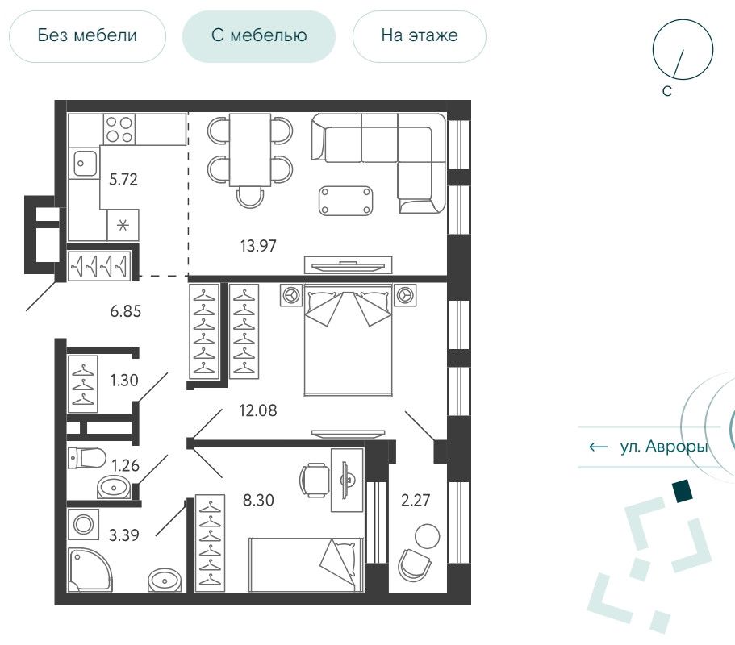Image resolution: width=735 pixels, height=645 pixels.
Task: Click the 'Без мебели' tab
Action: coord(87,36)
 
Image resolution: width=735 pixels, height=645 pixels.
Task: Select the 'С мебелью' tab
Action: coord(259,36)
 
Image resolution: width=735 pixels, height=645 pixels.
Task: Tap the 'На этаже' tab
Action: coord(419,36)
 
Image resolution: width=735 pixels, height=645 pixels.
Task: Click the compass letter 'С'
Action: coord(667,91)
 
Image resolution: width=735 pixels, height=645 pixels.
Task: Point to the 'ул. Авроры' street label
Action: coord(664,447)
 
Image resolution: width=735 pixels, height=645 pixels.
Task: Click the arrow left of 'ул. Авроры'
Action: coord(598,447)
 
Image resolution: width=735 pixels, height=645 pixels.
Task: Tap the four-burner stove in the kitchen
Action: coord(119,129)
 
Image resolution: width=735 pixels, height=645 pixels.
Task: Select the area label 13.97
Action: coord(258,245)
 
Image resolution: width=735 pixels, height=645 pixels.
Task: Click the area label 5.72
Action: coord(123,180)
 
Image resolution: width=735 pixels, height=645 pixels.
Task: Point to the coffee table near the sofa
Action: coord(346,201)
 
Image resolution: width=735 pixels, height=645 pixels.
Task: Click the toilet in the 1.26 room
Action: coord(87,458)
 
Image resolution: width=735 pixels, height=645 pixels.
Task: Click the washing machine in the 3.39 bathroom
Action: coord(83,524)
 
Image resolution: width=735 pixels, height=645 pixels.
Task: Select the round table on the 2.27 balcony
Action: coord(428,536)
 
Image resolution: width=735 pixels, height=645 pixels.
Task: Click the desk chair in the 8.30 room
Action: coord(314,480)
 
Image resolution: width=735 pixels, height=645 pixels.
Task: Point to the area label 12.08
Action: coord(258,411)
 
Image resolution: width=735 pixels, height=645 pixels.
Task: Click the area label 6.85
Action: coord(126,311)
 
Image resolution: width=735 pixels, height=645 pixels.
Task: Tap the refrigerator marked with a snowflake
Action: coord(123,225)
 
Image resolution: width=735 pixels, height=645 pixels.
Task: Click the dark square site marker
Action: coord(682,491)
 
